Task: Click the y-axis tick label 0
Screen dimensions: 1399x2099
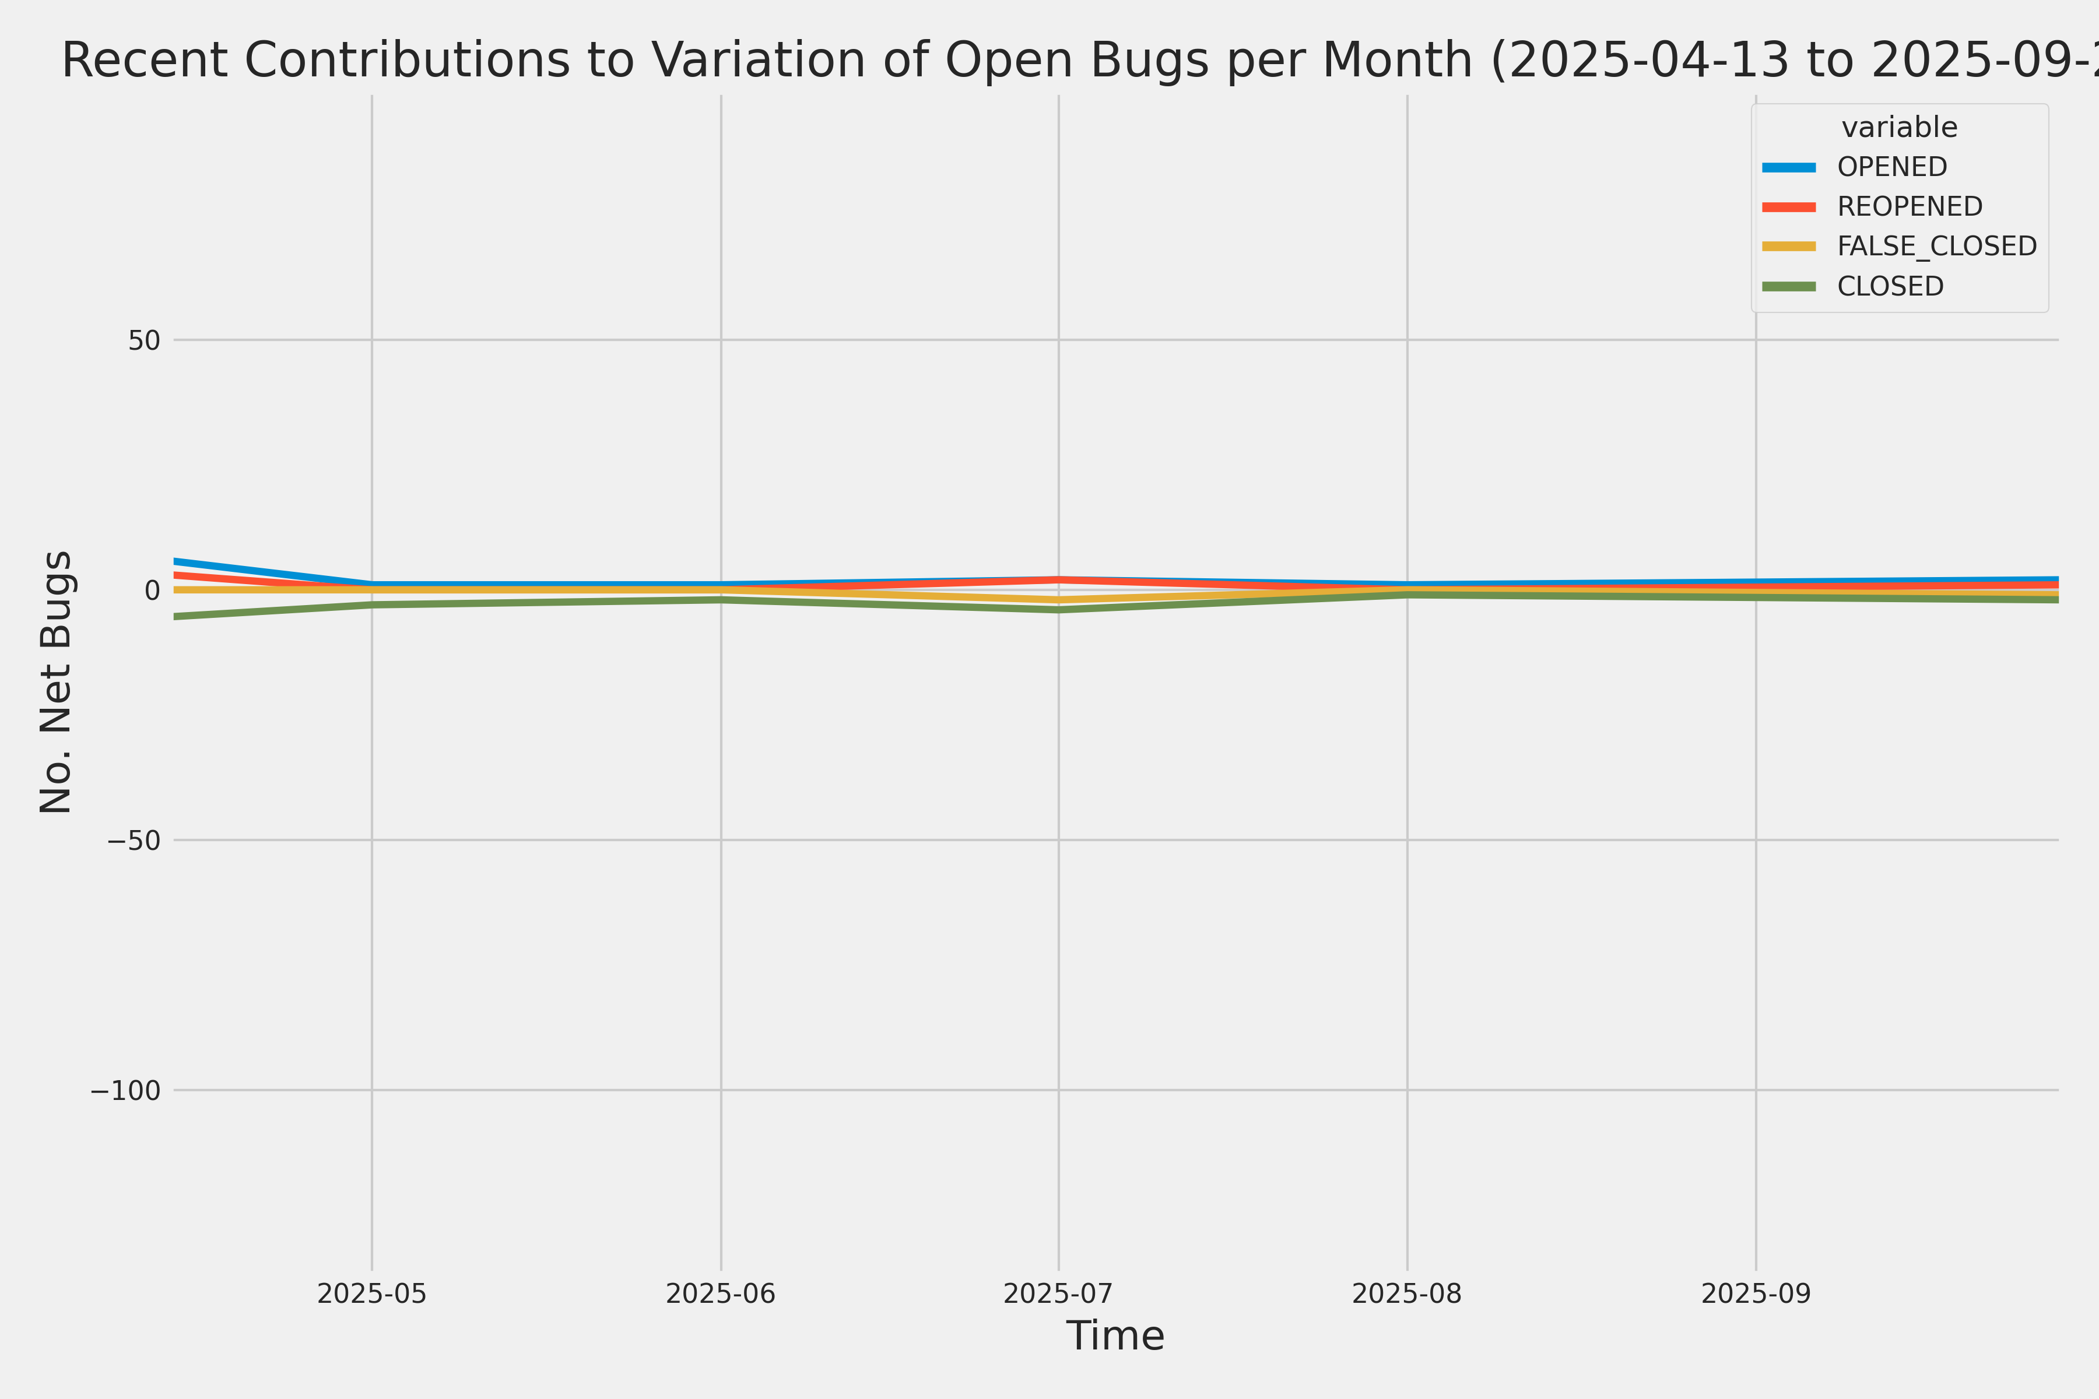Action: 152,590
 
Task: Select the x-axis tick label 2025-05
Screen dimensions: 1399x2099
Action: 372,1293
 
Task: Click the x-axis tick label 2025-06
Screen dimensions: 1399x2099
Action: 721,1293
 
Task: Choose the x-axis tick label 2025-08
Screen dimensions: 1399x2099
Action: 1407,1293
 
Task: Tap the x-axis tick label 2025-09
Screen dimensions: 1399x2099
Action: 1756,1293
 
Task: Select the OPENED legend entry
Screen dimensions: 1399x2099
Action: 1892,167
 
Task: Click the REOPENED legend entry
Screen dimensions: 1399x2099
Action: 1910,206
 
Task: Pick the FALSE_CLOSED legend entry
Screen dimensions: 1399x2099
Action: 1936,246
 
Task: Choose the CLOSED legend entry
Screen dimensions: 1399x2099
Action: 1890,286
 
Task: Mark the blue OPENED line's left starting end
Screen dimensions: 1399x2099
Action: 176,561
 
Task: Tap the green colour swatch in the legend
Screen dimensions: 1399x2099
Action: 1788,286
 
